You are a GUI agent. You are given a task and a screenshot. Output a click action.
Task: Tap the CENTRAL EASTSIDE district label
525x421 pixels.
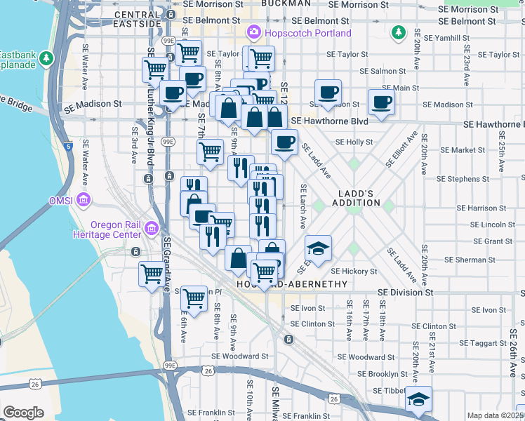(x=137, y=19)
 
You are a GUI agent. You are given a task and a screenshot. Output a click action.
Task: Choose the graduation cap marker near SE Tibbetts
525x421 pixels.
(x=419, y=399)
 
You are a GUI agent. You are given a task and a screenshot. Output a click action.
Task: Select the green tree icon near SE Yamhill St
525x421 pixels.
(x=399, y=32)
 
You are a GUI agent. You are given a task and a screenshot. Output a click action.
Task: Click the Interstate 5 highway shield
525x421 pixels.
(x=67, y=147)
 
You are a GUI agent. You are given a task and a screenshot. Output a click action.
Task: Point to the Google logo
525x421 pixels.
(x=23, y=412)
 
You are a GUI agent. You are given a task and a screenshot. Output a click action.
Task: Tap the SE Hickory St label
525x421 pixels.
(x=354, y=271)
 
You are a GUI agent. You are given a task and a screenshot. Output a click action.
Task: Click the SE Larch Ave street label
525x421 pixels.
(x=303, y=206)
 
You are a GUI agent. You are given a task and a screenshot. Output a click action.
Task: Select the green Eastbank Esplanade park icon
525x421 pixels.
(x=47, y=57)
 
